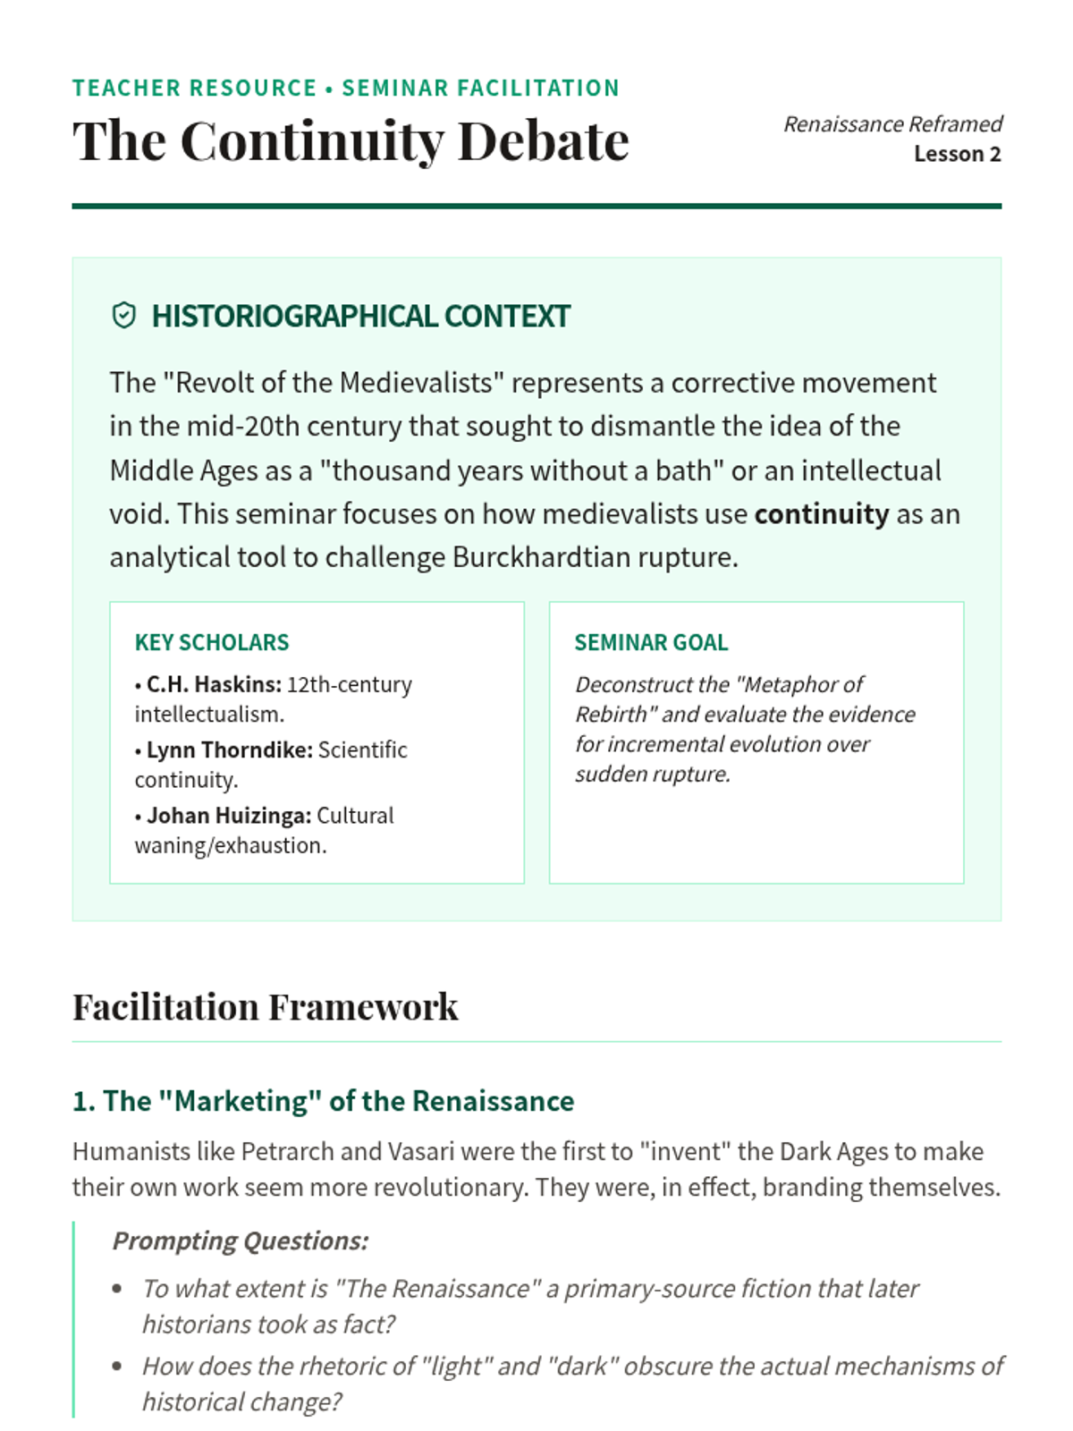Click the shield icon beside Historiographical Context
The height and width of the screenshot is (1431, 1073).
[x=123, y=316]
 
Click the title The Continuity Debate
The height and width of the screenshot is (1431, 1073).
[x=351, y=141]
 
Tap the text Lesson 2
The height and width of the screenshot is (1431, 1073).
[x=957, y=154]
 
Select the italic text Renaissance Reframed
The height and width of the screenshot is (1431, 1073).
[x=892, y=123]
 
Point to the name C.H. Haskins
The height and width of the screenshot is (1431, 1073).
[x=214, y=684]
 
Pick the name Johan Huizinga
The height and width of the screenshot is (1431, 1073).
[x=229, y=816]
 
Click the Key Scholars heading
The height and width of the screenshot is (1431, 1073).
[x=212, y=642]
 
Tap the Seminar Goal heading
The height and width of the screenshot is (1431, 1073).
[x=651, y=642]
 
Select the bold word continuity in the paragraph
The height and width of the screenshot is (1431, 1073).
[x=822, y=514]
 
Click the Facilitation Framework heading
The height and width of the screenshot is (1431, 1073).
[x=265, y=1007]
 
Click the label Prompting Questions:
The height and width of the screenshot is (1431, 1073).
[x=240, y=1240]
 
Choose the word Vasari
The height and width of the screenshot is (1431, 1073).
[x=421, y=1151]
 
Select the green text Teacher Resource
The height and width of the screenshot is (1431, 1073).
[x=194, y=89]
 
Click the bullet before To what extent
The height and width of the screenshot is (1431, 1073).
[x=117, y=1289]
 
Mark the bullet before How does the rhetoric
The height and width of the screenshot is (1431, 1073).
[x=117, y=1367]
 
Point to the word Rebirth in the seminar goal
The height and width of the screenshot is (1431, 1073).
[x=611, y=715]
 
